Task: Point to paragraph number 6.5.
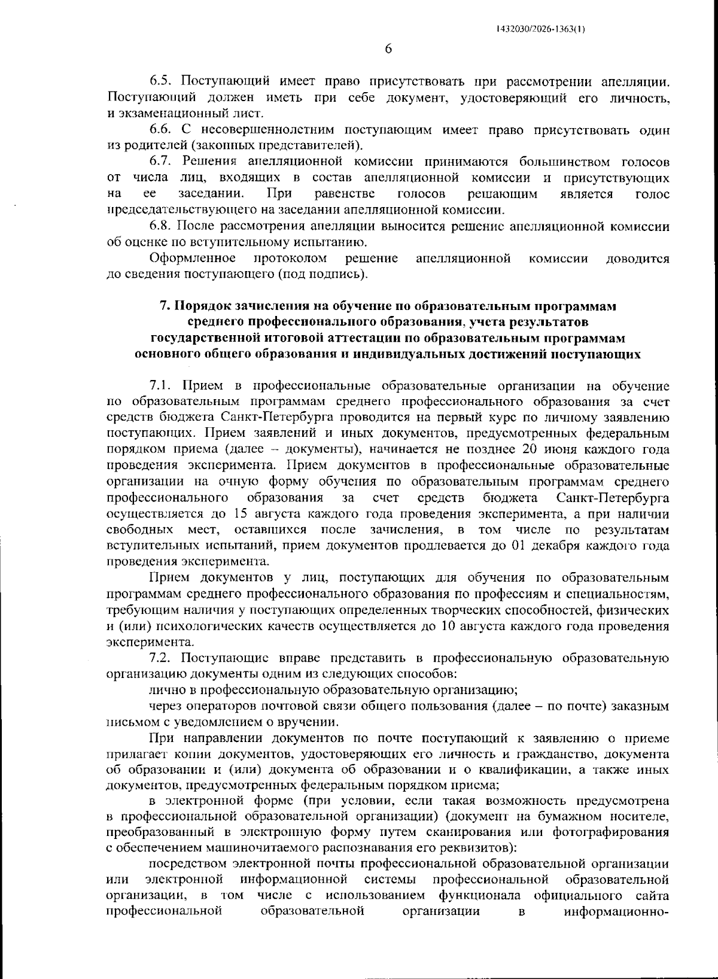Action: (161, 81)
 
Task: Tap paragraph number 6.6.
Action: (161, 130)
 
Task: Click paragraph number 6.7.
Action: (161, 162)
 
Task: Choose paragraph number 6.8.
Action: (161, 227)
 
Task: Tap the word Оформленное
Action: (191, 259)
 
